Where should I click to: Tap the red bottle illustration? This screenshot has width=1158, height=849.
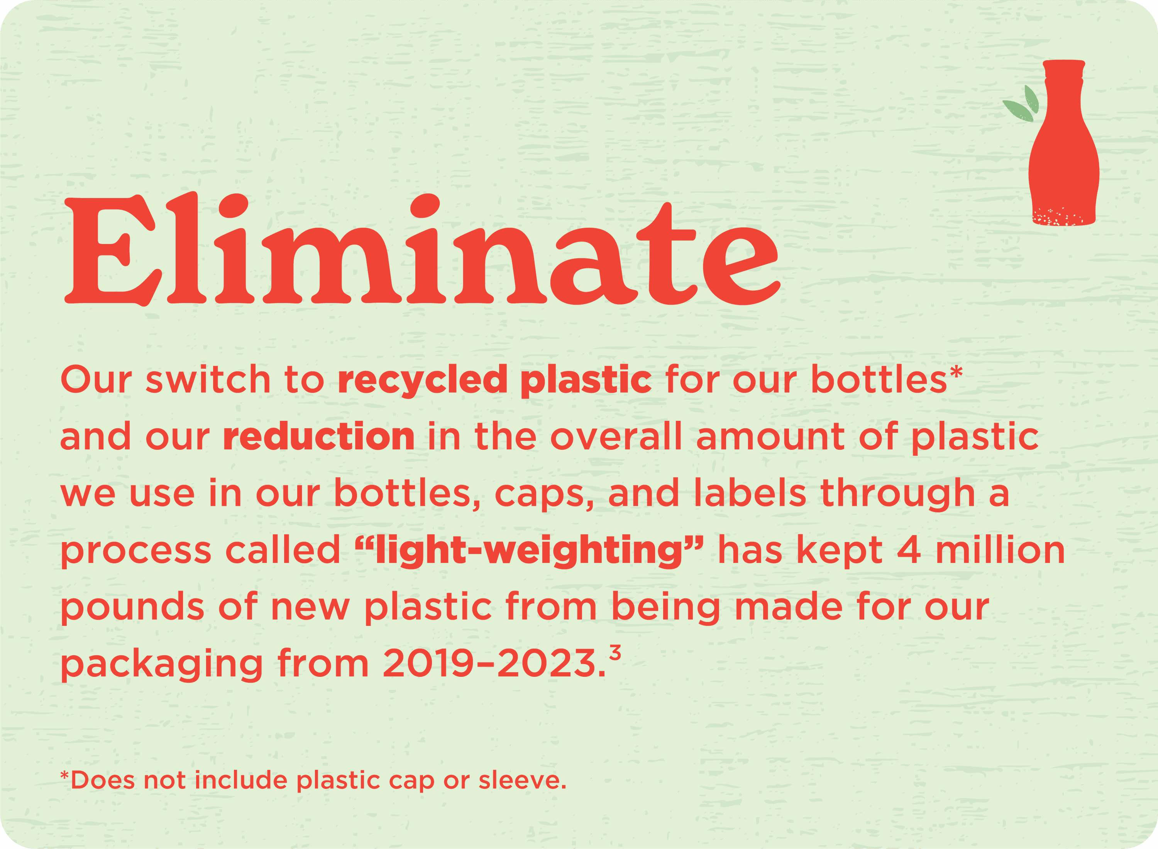[1063, 143]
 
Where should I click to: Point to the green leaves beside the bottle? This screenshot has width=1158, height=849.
[1021, 104]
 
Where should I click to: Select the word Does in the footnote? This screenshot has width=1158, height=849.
[103, 781]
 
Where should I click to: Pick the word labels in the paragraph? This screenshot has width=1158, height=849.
[750, 493]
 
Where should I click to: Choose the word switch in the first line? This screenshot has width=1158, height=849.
[208, 380]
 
